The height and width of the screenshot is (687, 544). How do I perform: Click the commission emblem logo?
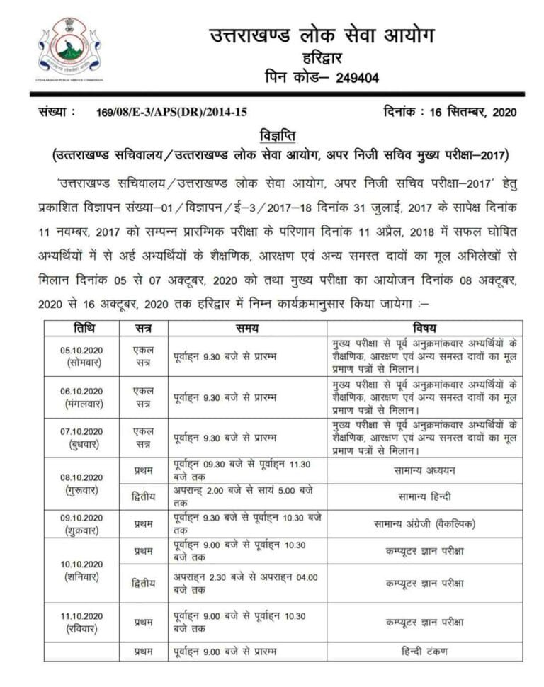[x=69, y=50]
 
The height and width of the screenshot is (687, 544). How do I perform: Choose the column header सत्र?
[x=143, y=328]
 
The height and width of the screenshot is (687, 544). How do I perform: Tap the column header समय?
[x=247, y=328]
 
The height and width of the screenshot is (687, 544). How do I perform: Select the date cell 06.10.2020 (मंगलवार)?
[x=82, y=397]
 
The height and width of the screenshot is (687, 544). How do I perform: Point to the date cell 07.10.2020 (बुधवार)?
[x=82, y=438]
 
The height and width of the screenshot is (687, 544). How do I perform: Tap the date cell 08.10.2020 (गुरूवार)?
[x=82, y=483]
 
